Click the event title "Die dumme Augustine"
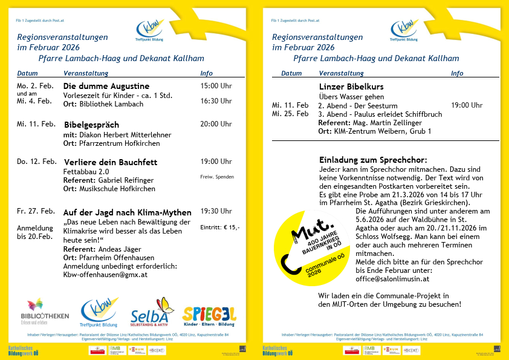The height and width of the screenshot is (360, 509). (106, 86)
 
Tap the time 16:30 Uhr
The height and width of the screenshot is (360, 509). (216, 101)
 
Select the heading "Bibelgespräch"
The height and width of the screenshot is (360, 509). (92, 125)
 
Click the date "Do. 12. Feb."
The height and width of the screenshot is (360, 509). (37, 162)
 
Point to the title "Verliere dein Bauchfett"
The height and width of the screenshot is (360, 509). (110, 162)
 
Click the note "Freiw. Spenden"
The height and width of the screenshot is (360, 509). (216, 177)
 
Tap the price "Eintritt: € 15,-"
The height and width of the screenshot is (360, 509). (219, 227)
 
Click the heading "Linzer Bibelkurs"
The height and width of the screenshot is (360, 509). (348, 87)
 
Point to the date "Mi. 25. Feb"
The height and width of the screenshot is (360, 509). (290, 114)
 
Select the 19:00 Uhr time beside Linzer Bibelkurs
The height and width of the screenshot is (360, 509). (467, 105)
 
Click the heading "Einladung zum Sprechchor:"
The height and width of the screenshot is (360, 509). (373, 159)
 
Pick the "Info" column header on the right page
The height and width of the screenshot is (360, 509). (457, 73)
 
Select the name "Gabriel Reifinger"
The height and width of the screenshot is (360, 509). (127, 180)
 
